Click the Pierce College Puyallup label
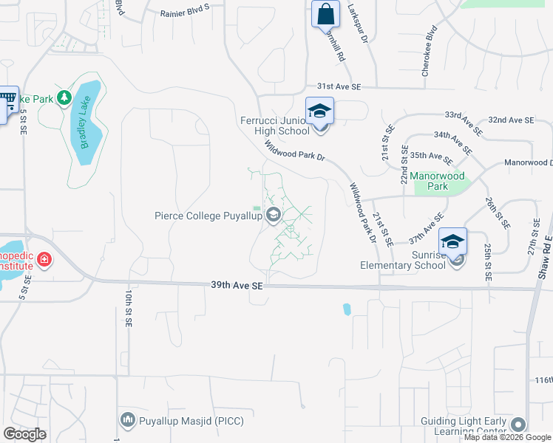[x=209, y=216]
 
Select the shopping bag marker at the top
[x=325, y=14]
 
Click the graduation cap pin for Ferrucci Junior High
[x=320, y=112]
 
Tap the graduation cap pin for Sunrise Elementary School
[x=452, y=241]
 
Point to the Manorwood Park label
[x=438, y=181]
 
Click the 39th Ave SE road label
[x=237, y=284]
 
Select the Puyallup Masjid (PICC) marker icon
[x=127, y=421]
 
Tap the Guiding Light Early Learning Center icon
[x=518, y=424]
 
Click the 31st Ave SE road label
[x=339, y=86]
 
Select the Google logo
[x=24, y=434]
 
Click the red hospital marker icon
[x=44, y=259]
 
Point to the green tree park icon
[x=64, y=97]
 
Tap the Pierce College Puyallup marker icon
[x=274, y=216]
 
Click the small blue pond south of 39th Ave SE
[x=346, y=309]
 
